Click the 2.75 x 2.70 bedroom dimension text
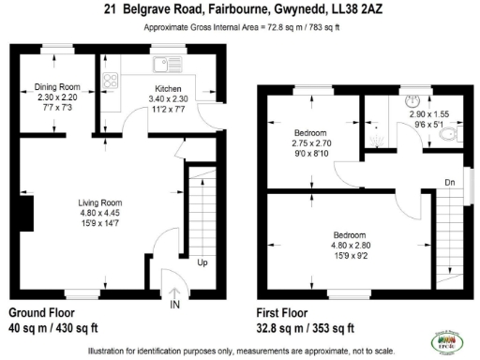[311, 142]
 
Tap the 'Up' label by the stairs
[202, 262]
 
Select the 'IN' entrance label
[174, 306]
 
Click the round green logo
[445, 339]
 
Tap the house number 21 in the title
[110, 8]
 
